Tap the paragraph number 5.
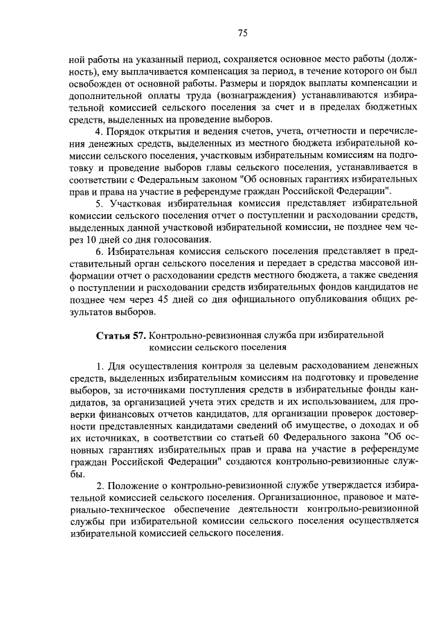tap(99, 203)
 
